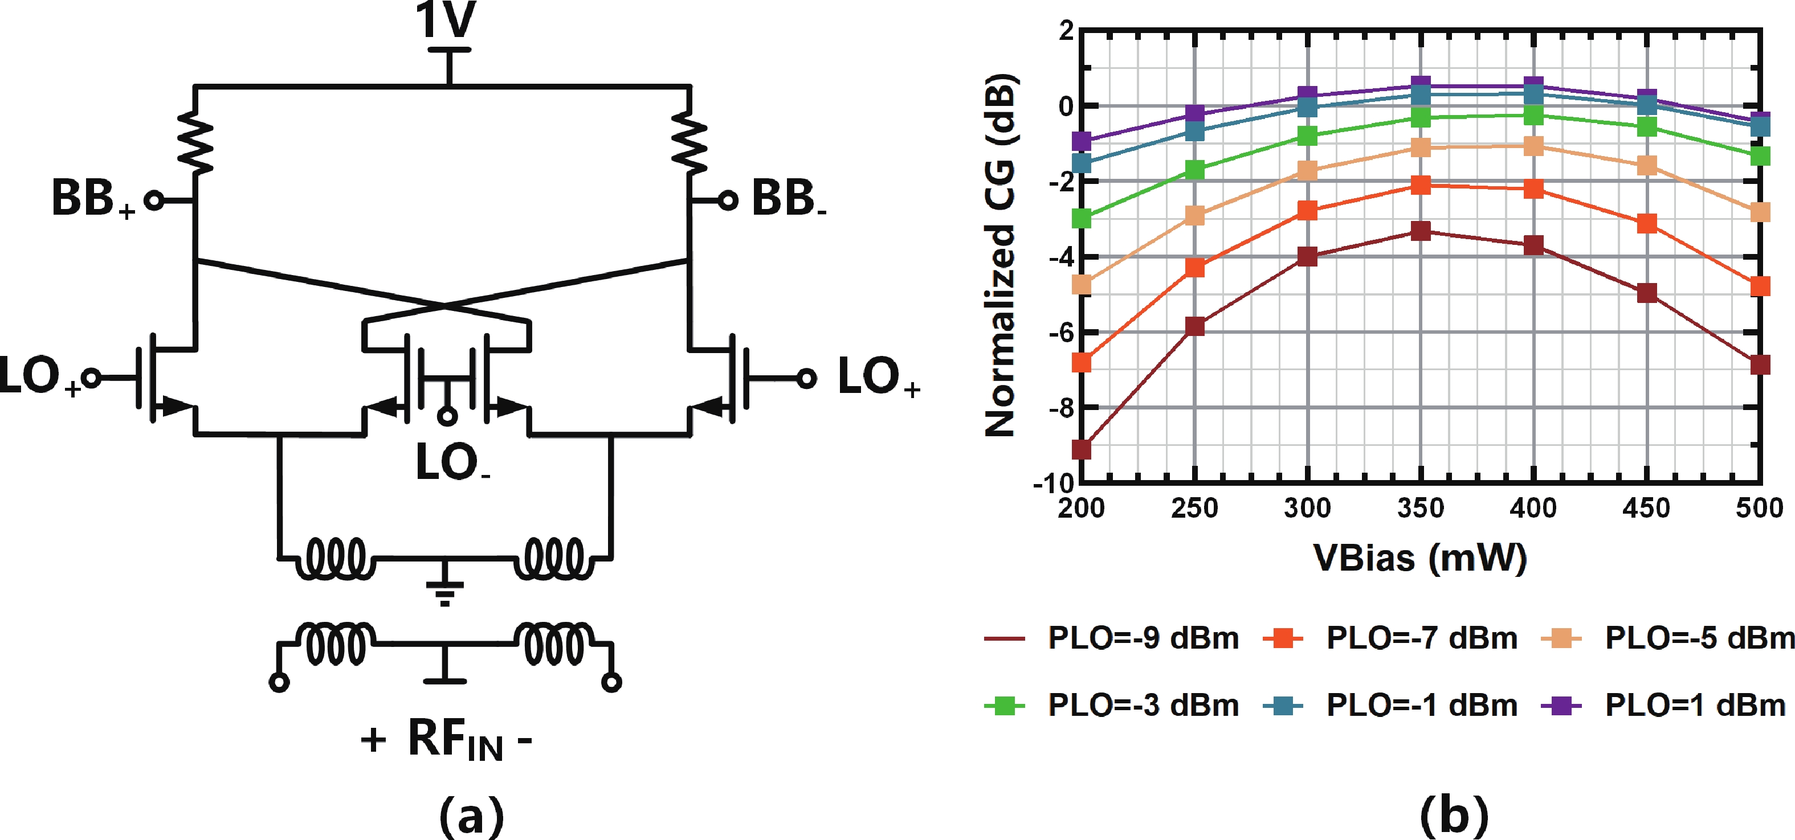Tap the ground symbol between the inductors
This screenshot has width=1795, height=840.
pyautogui.click(x=445, y=588)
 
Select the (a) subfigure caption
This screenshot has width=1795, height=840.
pyautogui.click(x=472, y=815)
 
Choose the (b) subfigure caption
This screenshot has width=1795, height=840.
pyautogui.click(x=1454, y=815)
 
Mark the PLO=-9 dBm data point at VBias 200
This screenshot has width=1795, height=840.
pyautogui.click(x=1082, y=450)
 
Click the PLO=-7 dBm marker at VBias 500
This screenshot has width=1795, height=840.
pyautogui.click(x=1760, y=286)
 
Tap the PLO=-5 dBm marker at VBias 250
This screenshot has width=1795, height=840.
pyautogui.click(x=1194, y=215)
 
